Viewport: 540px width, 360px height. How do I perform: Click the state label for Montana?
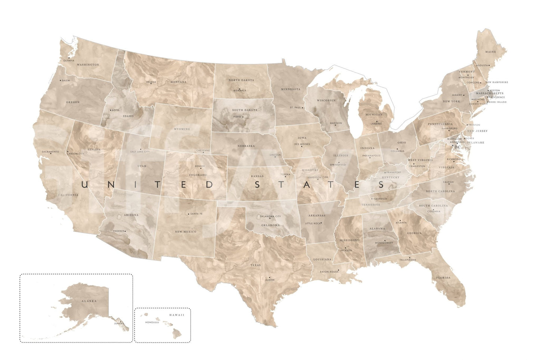coord(178,82)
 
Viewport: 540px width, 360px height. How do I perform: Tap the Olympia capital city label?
coord(69,61)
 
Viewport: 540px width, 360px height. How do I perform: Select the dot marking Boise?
coord(111,110)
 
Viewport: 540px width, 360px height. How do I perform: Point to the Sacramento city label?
coord(50,152)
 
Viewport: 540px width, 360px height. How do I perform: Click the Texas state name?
coord(256,265)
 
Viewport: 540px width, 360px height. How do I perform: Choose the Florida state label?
coord(444,278)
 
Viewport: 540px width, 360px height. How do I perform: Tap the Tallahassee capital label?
coord(408,260)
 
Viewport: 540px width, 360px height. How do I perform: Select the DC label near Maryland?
coord(458,147)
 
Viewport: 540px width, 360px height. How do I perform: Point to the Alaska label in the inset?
coord(89,301)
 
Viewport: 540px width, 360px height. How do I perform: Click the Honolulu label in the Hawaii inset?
coord(152,322)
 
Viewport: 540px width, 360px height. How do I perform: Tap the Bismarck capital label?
coord(240,90)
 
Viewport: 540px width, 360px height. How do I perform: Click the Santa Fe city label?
coord(196,214)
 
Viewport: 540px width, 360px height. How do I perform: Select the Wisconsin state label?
coord(326,101)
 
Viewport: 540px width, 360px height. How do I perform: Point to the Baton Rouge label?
coord(329,272)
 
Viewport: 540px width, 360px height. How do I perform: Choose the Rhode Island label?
coord(496,102)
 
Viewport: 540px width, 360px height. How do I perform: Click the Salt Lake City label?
coord(140,152)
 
